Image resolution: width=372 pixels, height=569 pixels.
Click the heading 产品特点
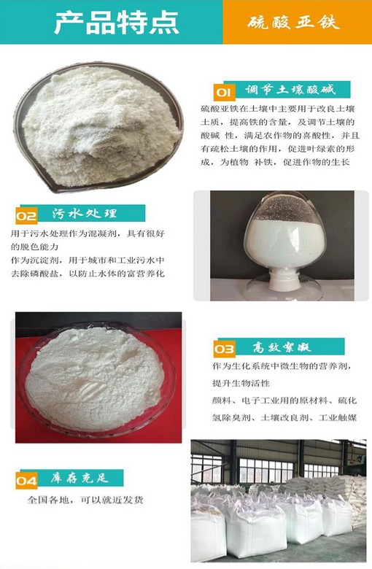coord(117,22)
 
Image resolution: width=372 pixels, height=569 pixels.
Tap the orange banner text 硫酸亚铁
coord(294,23)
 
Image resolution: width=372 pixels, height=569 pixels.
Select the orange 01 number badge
coord(224,93)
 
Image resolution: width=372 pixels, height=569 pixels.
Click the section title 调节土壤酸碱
coord(290,89)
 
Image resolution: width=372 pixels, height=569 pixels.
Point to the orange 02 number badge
coord(26,216)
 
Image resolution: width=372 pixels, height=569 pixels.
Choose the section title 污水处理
coord(84,213)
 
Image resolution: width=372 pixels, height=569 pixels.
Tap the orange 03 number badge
coord(224,349)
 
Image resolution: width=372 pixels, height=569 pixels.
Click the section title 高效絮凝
coord(282,347)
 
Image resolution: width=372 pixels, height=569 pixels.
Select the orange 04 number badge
coord(26,481)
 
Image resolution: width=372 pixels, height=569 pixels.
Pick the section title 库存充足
coord(80,478)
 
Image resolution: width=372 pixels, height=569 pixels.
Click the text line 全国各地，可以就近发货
coord(85,500)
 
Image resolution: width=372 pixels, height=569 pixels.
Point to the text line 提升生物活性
coord(241,383)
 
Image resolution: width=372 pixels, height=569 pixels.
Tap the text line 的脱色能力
coord(34,247)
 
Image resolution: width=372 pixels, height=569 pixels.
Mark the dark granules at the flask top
coord(285,208)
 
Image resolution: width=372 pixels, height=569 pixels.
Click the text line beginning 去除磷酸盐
coord(88,274)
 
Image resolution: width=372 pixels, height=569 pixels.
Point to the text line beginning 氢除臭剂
coord(284,418)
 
